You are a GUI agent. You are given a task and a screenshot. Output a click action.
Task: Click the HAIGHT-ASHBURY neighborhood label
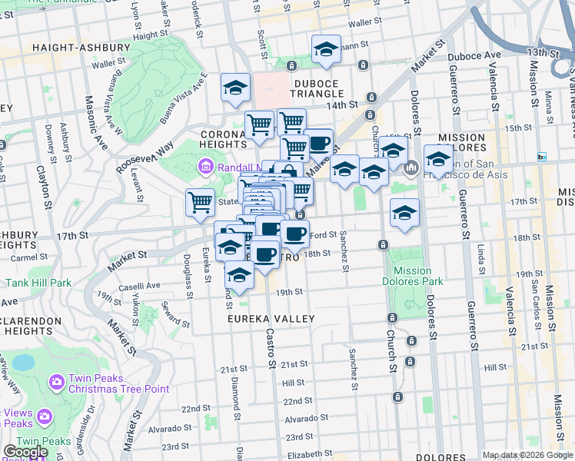(81, 48)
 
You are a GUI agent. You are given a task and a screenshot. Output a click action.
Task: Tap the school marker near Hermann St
(326, 50)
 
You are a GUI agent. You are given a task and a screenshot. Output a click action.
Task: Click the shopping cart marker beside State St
(200, 203)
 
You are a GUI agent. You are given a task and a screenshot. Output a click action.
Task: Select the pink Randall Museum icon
(205, 167)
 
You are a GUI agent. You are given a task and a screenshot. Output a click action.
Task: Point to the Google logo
(25, 452)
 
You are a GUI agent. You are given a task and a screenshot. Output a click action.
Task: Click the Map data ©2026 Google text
(527, 455)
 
